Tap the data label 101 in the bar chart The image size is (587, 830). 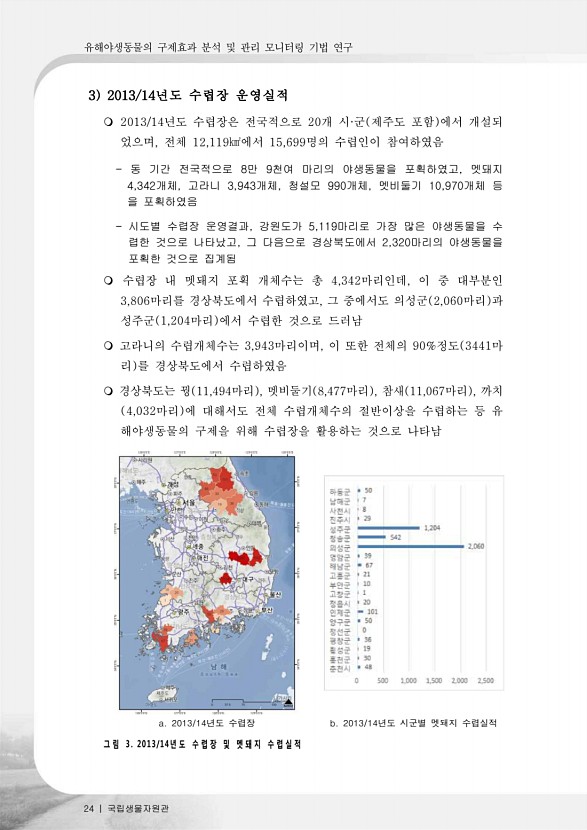pos(373,612)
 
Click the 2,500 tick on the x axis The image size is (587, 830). pos(486,680)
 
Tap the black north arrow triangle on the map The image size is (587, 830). pos(288,702)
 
